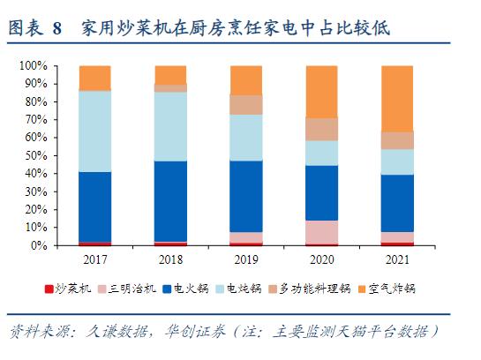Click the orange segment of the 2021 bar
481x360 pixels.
pyautogui.click(x=396, y=98)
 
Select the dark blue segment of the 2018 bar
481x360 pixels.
pyautogui.click(x=169, y=201)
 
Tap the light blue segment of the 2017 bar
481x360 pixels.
pyautogui.click(x=94, y=131)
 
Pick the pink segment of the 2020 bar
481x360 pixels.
pyautogui.click(x=321, y=232)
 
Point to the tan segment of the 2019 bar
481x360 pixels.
pyautogui.click(x=245, y=104)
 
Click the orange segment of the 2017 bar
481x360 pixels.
pyautogui.click(x=94, y=78)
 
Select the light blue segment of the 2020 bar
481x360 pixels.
pyautogui.click(x=321, y=153)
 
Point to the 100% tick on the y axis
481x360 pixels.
pyautogui.click(x=33, y=66)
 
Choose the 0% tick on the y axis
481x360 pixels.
pyautogui.click(x=38, y=246)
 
